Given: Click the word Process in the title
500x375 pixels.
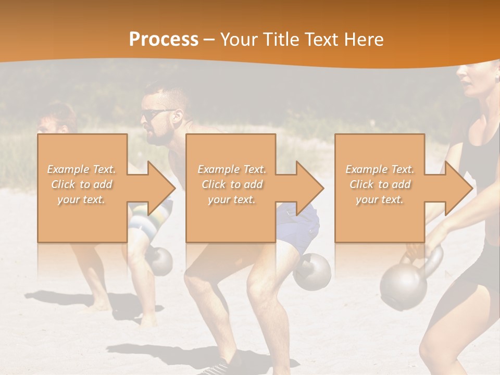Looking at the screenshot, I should (x=164, y=40).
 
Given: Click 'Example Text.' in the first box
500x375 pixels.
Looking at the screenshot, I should (x=81, y=169).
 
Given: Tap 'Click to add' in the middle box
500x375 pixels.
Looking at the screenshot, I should (x=232, y=184).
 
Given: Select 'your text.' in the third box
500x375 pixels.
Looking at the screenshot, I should (x=379, y=199).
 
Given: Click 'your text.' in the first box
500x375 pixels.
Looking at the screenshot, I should (x=81, y=199).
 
